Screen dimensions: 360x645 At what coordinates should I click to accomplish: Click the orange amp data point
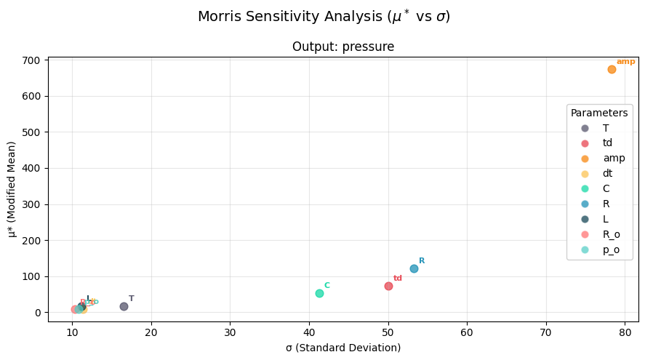pos(612,69)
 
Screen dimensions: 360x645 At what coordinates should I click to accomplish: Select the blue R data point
pos(414,268)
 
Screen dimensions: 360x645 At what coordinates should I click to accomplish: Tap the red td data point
pos(388,286)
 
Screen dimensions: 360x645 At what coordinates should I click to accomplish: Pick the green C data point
pos(319,293)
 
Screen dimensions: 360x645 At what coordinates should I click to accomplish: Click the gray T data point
pos(124,306)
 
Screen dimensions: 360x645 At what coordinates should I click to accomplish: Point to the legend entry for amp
pos(614,158)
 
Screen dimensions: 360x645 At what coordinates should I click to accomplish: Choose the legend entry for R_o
pos(612,234)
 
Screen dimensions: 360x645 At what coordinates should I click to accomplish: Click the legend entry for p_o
pos(611,249)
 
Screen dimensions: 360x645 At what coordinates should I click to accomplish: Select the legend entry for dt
pos(607,173)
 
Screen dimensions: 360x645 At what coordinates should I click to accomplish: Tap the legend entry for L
pos(606,219)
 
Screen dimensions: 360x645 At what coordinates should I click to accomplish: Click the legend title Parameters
pos(599,113)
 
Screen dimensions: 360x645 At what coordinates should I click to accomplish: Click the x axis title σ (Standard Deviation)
pos(343,348)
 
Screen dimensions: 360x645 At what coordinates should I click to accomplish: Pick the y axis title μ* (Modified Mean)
pos(12,189)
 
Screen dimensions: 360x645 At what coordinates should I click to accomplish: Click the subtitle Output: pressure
pos(343,47)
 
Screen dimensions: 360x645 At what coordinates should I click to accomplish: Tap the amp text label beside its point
pos(625,62)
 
